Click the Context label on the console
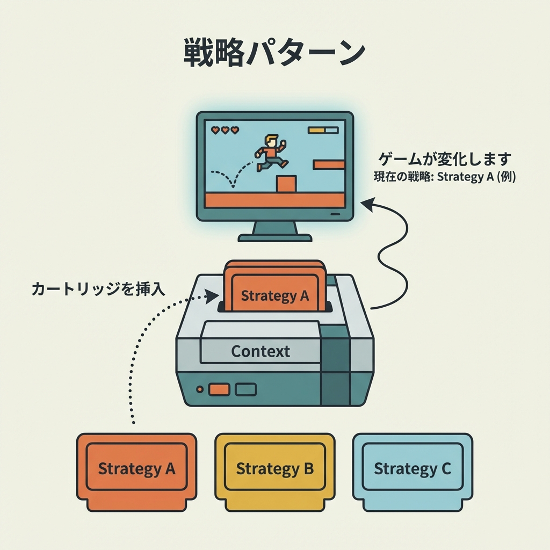[260, 352]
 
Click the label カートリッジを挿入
[98, 290]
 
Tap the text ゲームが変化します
[445, 160]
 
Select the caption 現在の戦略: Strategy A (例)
[445, 177]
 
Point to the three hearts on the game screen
[225, 130]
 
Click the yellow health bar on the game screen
[317, 130]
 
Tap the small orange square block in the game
[286, 184]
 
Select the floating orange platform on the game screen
[329, 164]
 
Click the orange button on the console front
[219, 389]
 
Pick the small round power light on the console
[200, 389]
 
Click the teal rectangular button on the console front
[245, 389]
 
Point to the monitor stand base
[275, 237]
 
